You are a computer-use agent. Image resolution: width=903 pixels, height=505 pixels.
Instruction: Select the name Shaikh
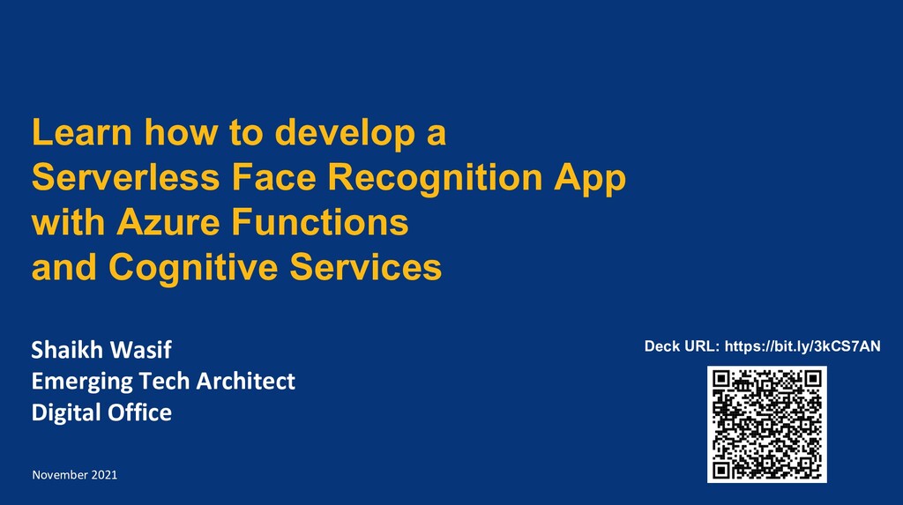(x=68, y=350)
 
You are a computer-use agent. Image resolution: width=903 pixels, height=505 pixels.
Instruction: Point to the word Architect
(x=244, y=382)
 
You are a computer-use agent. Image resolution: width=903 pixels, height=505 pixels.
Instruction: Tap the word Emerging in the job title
(x=81, y=382)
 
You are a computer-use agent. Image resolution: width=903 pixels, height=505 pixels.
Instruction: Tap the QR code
(x=766, y=424)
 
